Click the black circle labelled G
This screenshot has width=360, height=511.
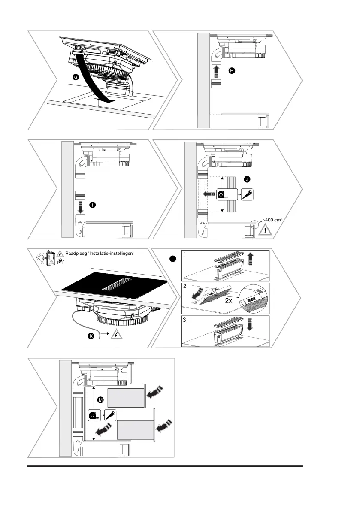coord(76,77)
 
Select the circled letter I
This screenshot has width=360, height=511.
coord(92,205)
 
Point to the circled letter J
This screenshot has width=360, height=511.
coord(246,178)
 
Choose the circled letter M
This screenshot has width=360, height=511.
coord(100,400)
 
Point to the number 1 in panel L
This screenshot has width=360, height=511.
coord(185,254)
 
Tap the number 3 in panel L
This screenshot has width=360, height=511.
coord(185,320)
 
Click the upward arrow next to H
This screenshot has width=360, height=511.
coord(217,70)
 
